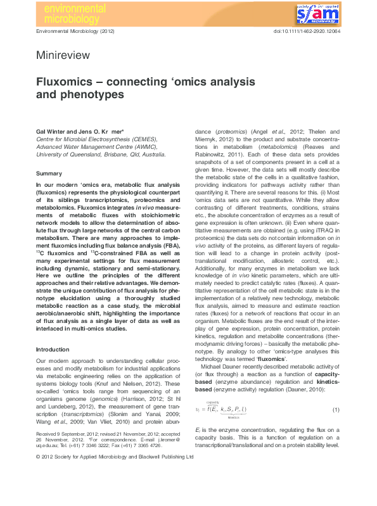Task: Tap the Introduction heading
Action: click(x=53, y=349)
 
